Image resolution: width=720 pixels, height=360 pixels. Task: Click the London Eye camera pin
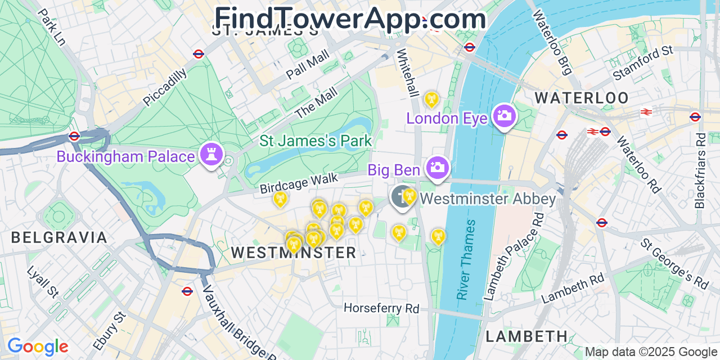pos(503,116)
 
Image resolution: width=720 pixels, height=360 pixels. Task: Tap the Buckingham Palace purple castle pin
pos(211,155)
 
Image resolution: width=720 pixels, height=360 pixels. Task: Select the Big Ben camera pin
pos(437,167)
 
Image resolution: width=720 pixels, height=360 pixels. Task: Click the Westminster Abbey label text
pos(487,199)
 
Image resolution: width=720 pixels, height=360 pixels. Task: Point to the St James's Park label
pos(316,140)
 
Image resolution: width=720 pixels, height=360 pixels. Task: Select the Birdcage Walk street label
pos(299,183)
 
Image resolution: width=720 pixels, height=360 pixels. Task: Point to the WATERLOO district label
pos(582,98)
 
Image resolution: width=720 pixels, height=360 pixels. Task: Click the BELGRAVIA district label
pos(59,237)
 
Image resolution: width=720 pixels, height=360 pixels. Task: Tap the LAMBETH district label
pos(526,336)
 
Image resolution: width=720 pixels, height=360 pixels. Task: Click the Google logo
pos(38,346)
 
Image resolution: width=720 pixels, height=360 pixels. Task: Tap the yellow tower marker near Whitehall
pos(431,100)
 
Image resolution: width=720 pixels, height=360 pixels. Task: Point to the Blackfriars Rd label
pos(700,170)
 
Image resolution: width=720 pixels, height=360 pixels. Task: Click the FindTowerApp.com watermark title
pos(350,18)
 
